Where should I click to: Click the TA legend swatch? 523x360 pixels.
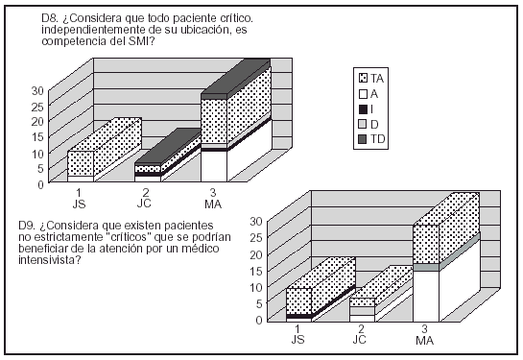coord(363,79)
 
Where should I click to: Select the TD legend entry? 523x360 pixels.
coord(371,139)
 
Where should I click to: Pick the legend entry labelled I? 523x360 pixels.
coord(366,109)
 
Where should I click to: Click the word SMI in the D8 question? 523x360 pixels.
coord(139,41)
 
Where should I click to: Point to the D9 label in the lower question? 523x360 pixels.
coord(27,226)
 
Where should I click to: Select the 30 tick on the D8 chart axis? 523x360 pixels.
coord(37,91)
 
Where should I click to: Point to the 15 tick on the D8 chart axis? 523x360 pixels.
coord(37,137)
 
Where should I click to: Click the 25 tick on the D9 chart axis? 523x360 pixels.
coord(256,237)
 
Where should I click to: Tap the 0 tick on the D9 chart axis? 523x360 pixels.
coord(259,320)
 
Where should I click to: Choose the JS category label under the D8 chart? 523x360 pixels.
coord(79,204)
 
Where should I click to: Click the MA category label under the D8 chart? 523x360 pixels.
coord(213,204)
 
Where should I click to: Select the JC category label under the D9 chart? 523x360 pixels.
coord(360,340)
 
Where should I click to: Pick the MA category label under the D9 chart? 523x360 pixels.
coord(425,340)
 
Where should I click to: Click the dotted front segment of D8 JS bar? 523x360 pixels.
coord(81,163)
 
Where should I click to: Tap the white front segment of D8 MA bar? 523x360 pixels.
coord(214,166)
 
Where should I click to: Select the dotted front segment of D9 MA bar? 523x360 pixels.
coord(426,244)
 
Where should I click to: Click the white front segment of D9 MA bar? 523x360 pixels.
coord(426,297)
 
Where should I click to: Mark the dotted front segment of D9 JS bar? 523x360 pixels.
coord(298,300)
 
